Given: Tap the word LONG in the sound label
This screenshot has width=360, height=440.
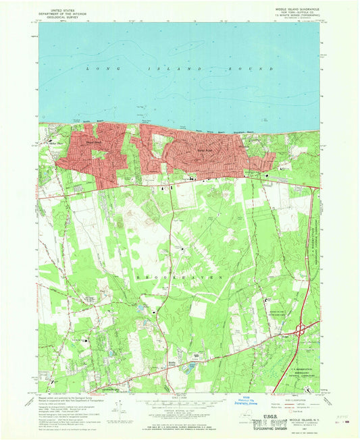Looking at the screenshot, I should pos(97,69).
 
